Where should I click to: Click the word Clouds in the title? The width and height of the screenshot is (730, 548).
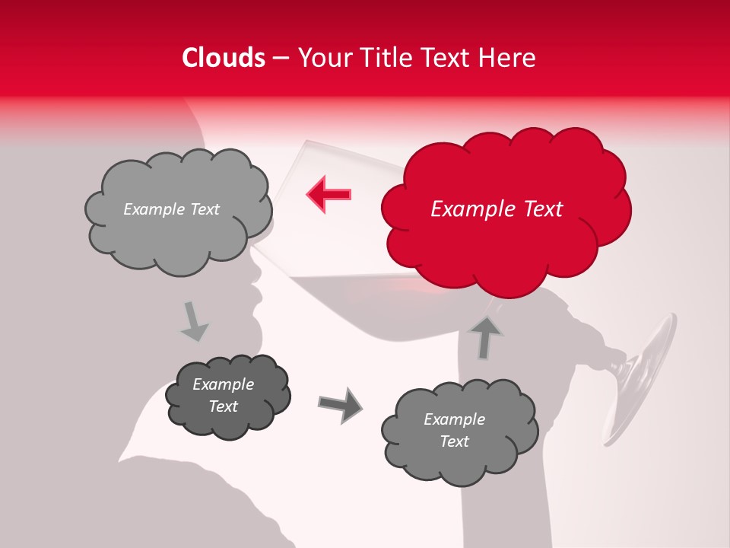[224, 58]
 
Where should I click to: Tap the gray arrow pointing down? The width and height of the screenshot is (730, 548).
[194, 321]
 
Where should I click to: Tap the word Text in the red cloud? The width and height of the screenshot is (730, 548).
[542, 209]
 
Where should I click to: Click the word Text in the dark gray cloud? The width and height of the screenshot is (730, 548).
[223, 406]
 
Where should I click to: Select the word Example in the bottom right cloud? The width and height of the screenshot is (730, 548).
[454, 419]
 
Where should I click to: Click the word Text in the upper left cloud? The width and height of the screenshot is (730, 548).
[204, 209]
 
